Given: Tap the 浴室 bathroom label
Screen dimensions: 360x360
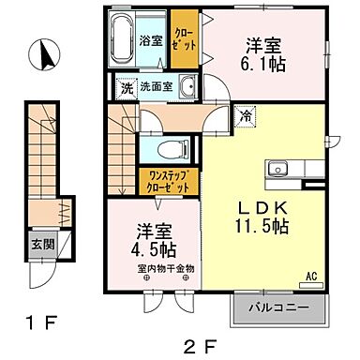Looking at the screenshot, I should (152, 42).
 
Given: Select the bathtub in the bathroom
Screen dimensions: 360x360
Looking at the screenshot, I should (124, 41).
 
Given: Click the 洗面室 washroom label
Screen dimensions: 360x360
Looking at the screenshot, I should (156, 87).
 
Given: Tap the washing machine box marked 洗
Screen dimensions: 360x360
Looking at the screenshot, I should (127, 88).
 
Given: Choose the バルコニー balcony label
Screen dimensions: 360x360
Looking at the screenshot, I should (280, 307).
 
